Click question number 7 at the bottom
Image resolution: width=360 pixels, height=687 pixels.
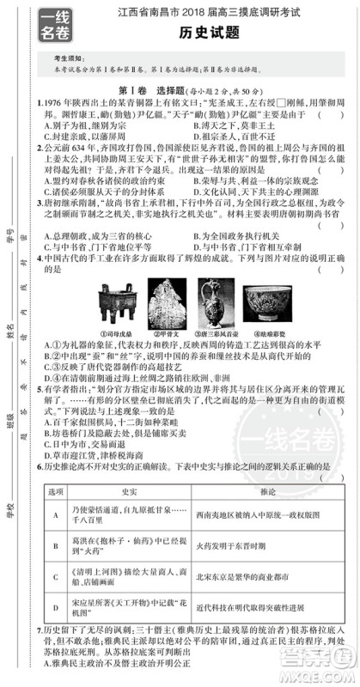point(42,632)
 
